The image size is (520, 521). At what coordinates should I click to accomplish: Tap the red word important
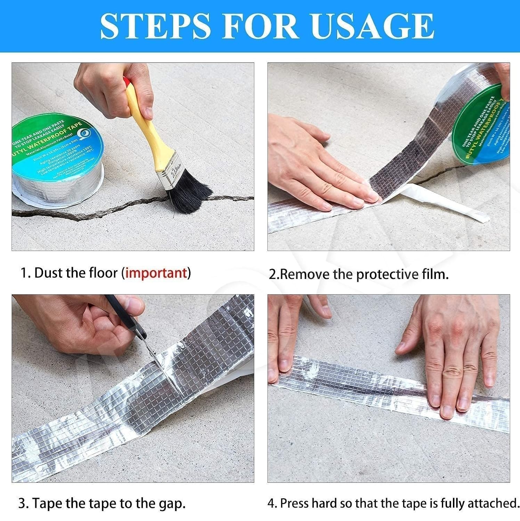pos(156,273)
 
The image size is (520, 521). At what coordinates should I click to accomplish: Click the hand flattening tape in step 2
pos(313,167)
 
